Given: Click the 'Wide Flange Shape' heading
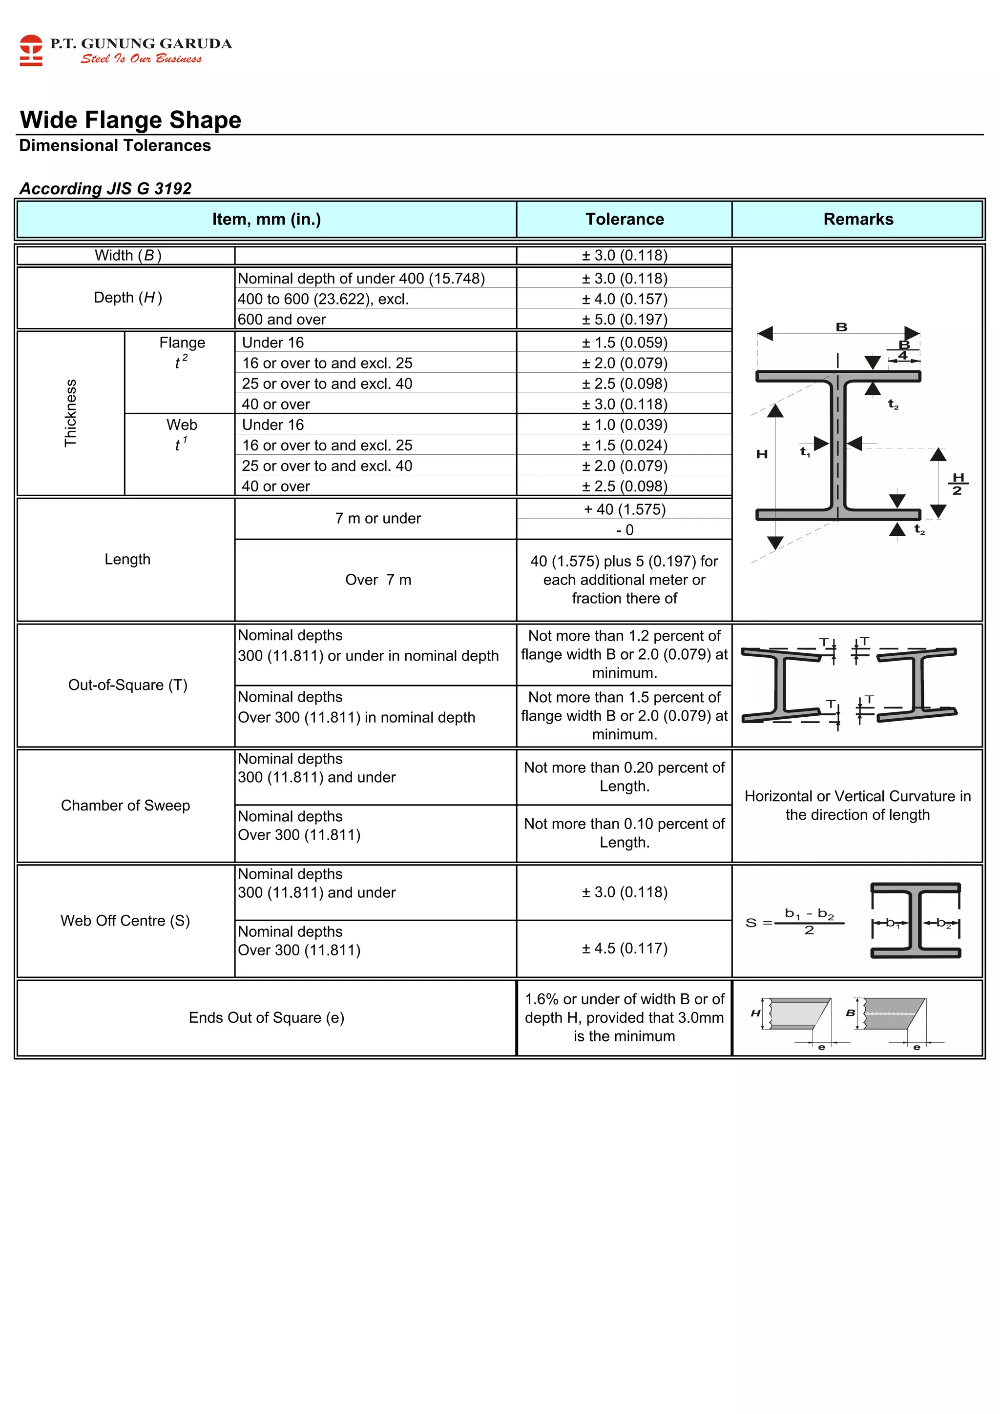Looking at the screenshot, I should click(x=131, y=120).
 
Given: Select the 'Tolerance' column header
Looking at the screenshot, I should click(x=624, y=219).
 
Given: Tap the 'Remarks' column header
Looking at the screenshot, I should click(x=858, y=219).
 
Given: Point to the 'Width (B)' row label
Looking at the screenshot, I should click(x=127, y=256).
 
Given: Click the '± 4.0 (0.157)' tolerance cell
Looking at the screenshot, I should click(x=624, y=299).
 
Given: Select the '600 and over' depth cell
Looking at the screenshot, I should click(x=282, y=320).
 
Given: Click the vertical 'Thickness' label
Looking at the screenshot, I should click(x=71, y=413).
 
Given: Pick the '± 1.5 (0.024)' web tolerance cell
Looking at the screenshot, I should click(x=624, y=445).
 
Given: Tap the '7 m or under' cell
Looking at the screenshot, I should click(x=378, y=519).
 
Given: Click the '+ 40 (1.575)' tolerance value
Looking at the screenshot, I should click(x=624, y=509).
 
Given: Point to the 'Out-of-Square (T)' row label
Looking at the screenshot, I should click(x=127, y=685).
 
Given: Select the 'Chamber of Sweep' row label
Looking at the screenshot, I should click(x=125, y=806).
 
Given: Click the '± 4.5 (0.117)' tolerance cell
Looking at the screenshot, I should click(x=624, y=949).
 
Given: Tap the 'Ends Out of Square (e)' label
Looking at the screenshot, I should click(x=266, y=1017).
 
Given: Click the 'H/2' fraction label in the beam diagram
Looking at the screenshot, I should click(x=958, y=484).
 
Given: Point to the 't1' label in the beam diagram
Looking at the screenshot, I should click(x=805, y=452).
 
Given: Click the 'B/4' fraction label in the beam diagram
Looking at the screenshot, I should click(x=903, y=350).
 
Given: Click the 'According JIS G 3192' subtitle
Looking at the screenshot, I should click(x=105, y=188).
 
